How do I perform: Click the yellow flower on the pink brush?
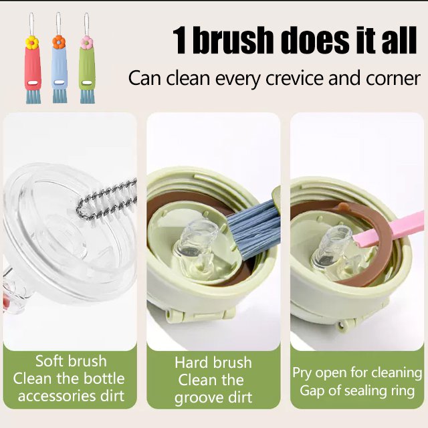pyautogui.click(x=31, y=43)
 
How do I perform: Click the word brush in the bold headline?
pyautogui.click(x=240, y=41)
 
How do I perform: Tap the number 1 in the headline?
pyautogui.click(x=181, y=41)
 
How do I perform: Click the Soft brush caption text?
pyautogui.click(x=71, y=361)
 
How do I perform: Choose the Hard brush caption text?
pyautogui.click(x=213, y=362)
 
